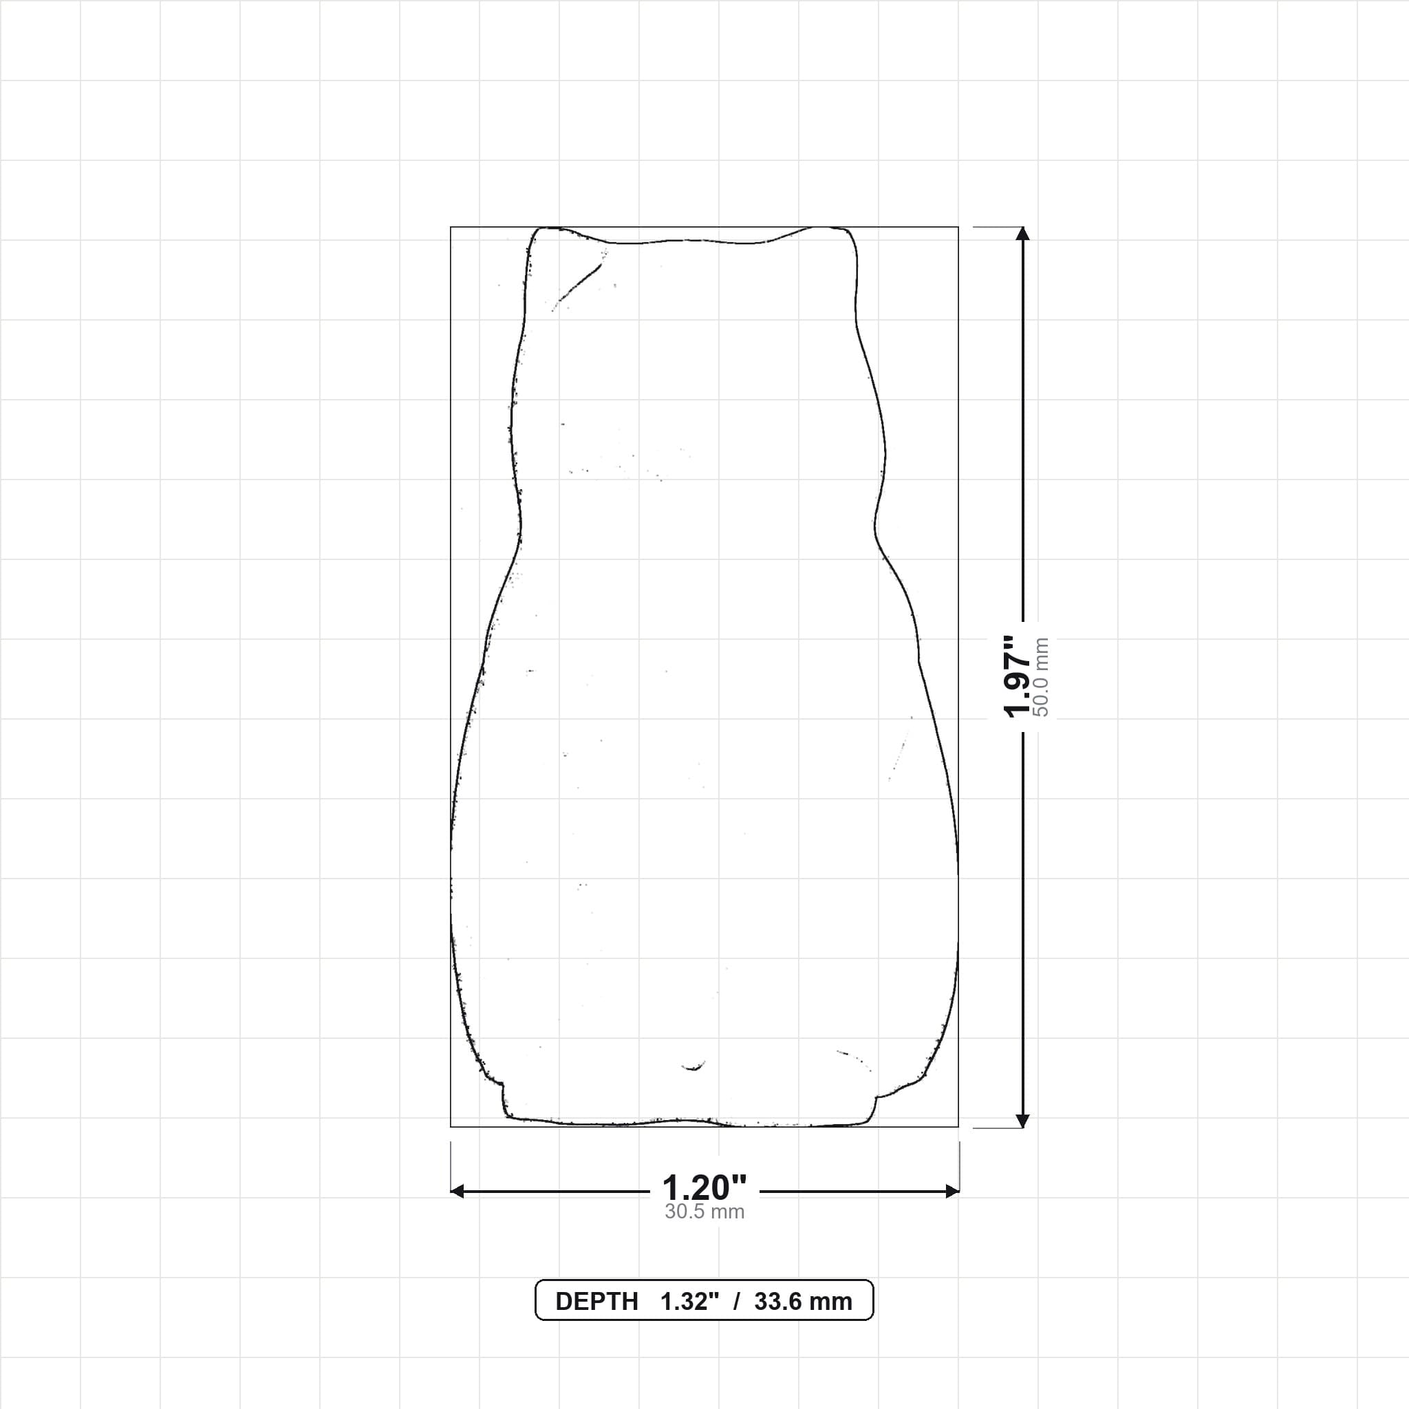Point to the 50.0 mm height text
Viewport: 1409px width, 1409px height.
click(x=1042, y=677)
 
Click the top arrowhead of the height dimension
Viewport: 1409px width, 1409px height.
click(x=1022, y=233)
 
